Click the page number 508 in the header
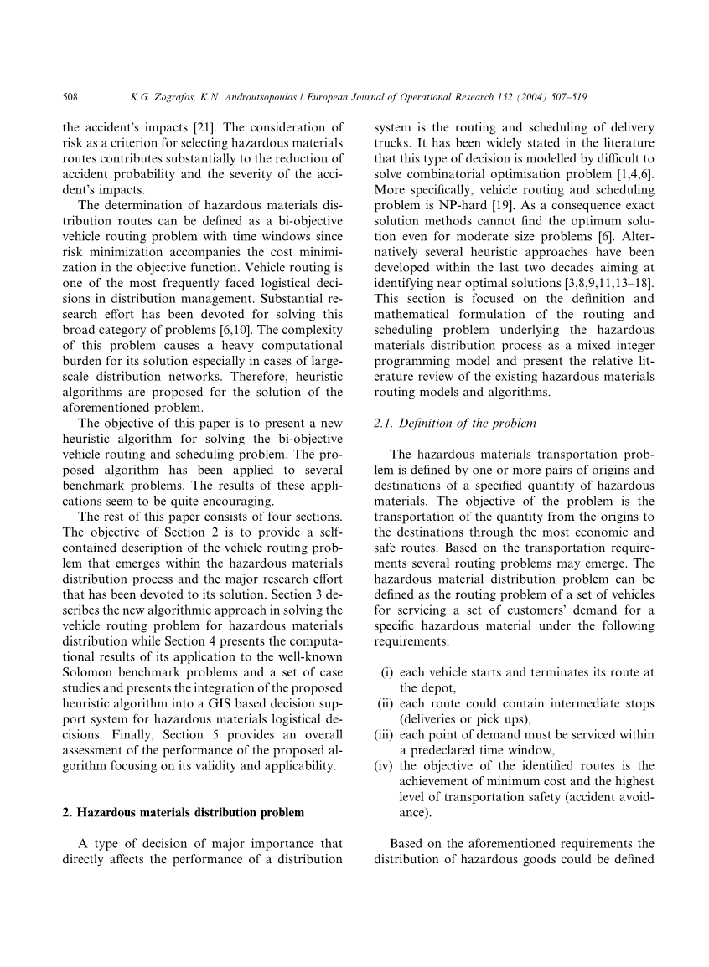tap(70, 98)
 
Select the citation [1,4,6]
tap(633, 173)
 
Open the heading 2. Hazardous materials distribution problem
tap(184, 812)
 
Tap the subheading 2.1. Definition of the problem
tap(455, 424)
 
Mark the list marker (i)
tap(387, 672)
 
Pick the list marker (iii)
tap(385, 735)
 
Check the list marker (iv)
tap(385, 766)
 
